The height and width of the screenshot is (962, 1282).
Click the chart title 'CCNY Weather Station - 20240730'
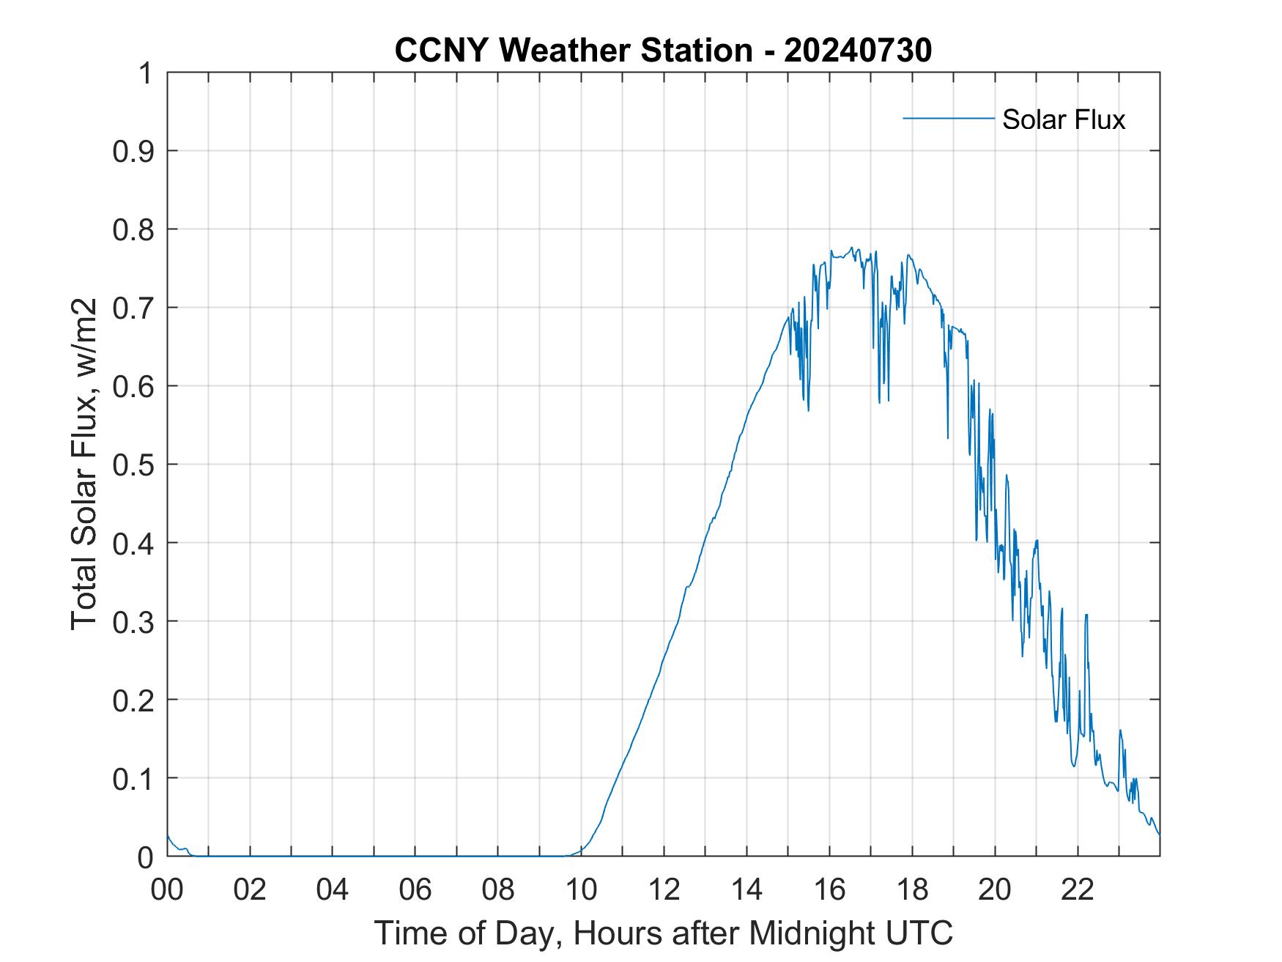coord(663,51)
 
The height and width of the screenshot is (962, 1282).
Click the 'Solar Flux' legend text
coord(1063,119)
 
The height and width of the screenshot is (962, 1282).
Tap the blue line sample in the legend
coord(948,118)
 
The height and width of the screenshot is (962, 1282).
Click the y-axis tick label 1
coord(145,73)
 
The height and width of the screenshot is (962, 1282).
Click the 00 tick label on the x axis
coord(167,890)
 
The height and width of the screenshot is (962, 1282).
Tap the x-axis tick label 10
coord(581,890)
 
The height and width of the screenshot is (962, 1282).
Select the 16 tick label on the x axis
coord(829,890)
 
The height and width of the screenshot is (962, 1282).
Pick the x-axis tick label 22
coord(1078,890)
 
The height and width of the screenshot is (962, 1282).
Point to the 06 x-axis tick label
coord(415,890)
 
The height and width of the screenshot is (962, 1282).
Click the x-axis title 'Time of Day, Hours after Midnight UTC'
coord(663,933)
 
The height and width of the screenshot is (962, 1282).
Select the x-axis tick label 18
coord(912,890)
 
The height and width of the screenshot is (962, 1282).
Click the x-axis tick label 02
coord(250,890)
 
